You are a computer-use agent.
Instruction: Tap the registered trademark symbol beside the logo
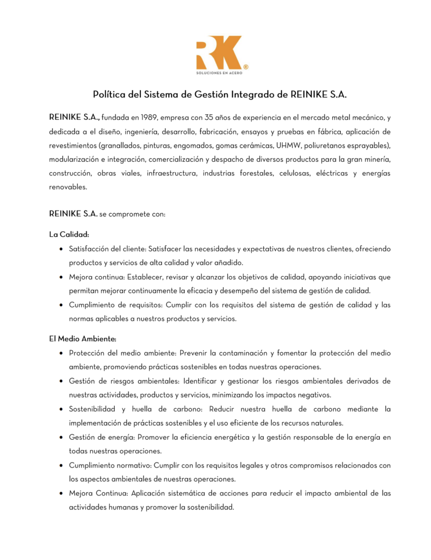click(x=246, y=67)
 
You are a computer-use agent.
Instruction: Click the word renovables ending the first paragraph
click(x=68, y=187)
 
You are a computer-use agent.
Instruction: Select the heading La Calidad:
click(x=69, y=235)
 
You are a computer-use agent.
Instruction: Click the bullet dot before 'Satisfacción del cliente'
click(x=60, y=249)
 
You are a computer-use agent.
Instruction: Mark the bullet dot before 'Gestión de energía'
click(x=60, y=437)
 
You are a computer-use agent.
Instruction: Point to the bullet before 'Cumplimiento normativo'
click(x=60, y=465)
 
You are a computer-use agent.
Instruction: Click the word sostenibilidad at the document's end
click(x=209, y=507)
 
